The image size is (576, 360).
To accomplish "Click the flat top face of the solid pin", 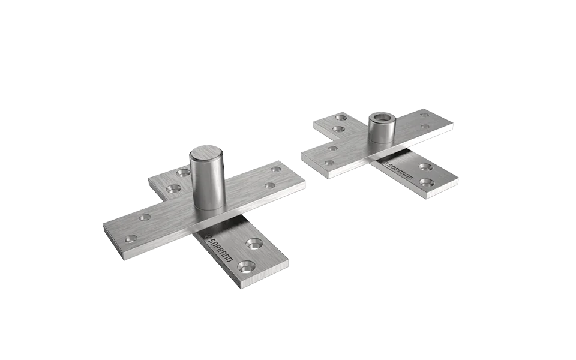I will [206, 152].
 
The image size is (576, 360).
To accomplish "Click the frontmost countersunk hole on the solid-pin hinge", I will [246, 265].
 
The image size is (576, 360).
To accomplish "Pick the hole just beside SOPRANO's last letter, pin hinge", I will [255, 244].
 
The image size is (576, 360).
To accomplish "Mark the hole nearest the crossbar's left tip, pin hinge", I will [128, 239].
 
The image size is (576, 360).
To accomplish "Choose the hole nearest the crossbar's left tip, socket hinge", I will [328, 162].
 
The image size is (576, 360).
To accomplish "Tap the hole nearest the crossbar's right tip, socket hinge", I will [425, 114].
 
